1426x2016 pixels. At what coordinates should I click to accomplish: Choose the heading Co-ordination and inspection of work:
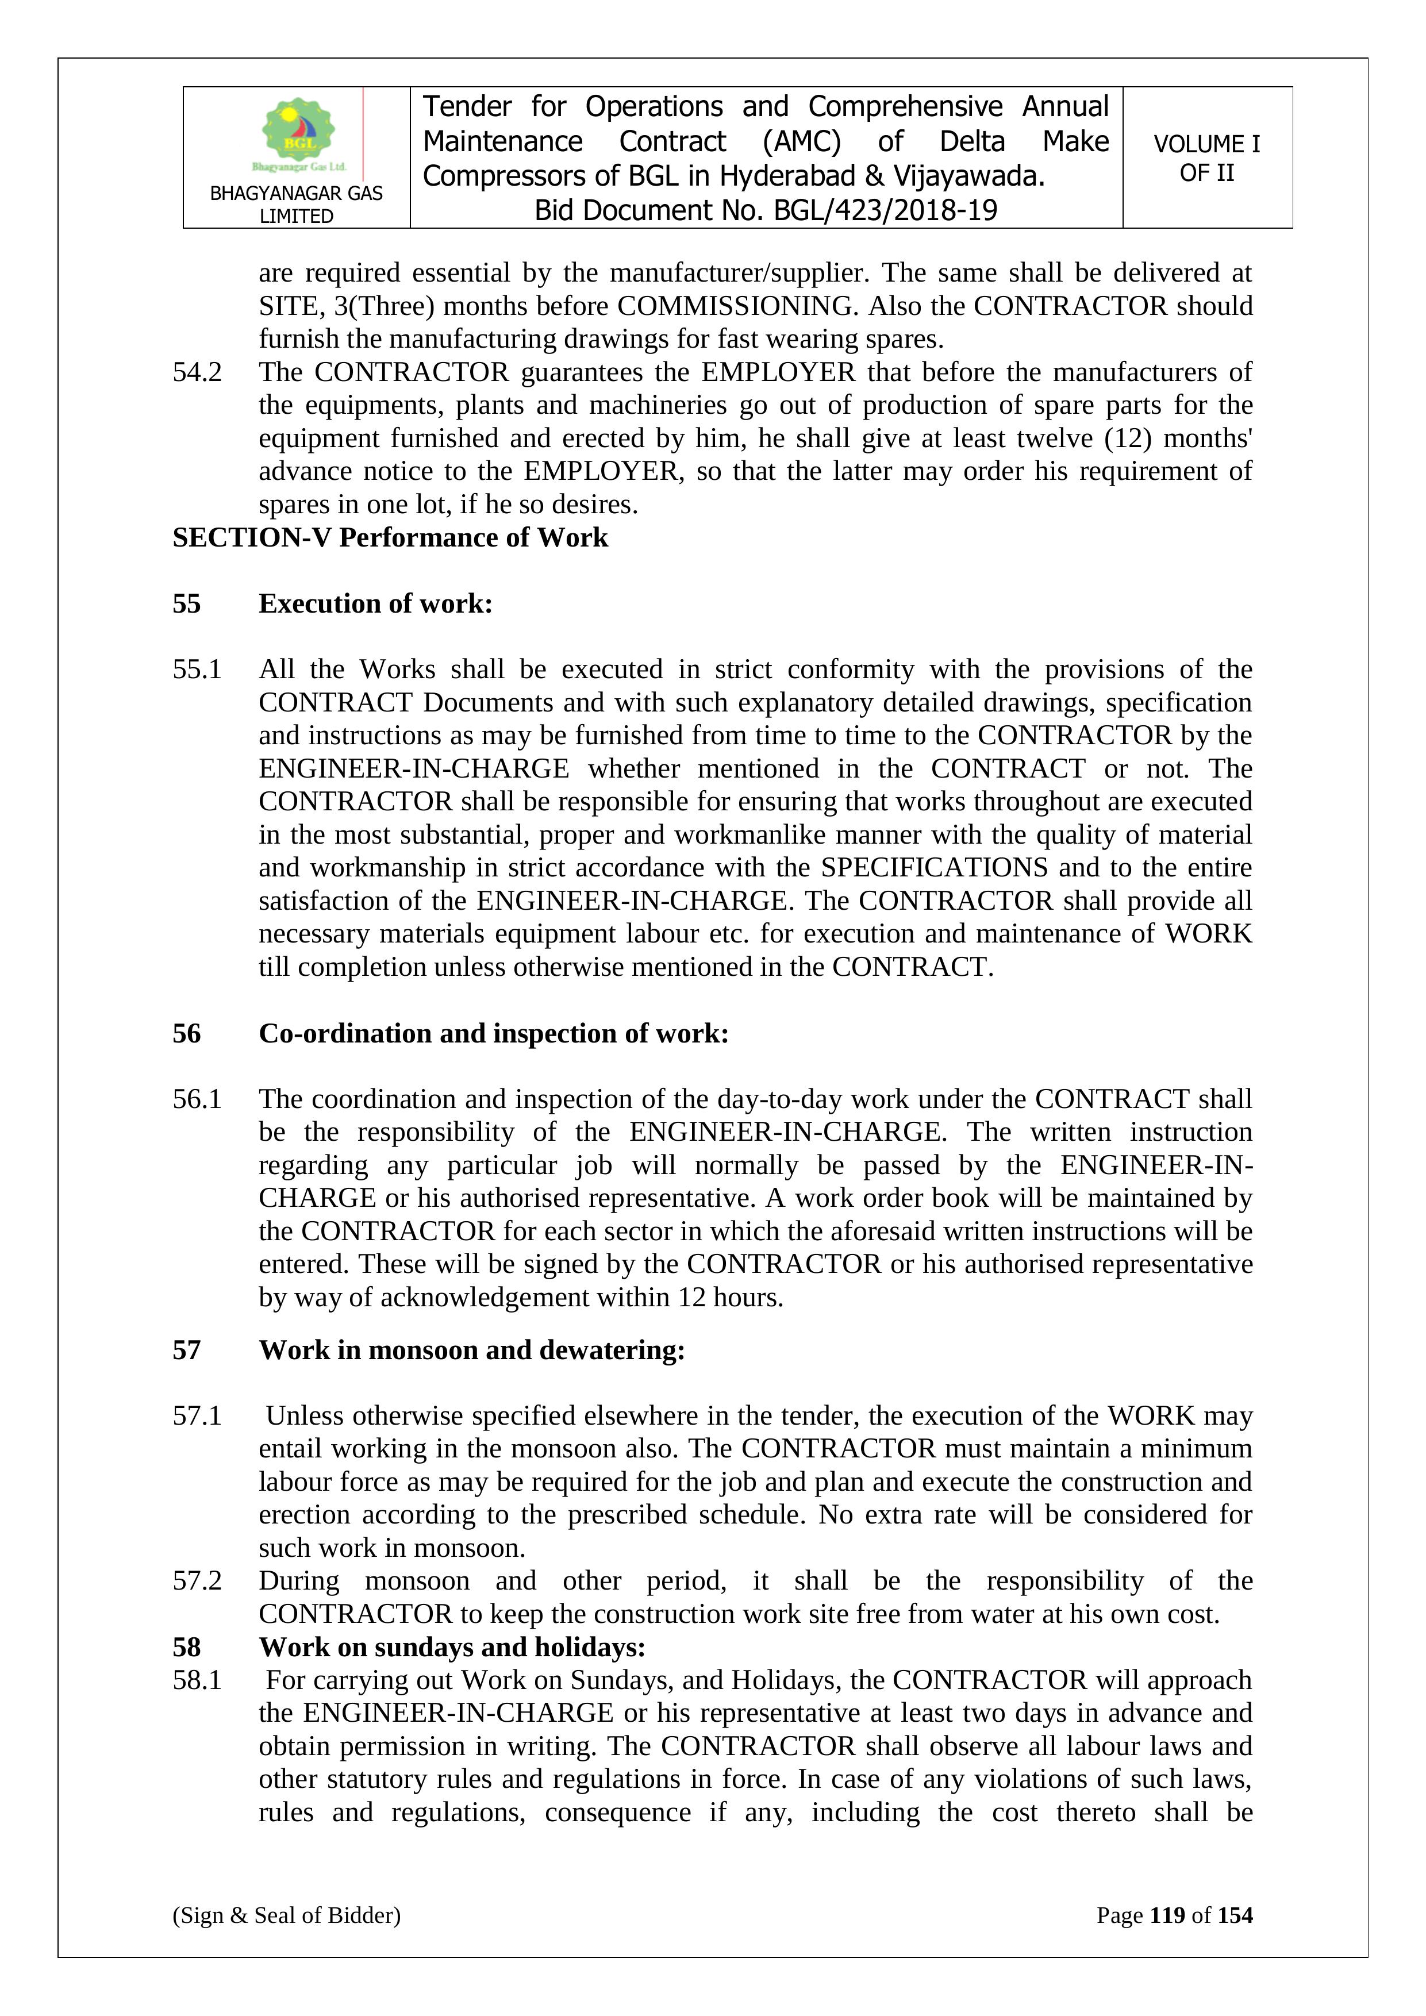tap(494, 1033)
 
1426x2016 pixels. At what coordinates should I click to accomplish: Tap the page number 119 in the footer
tap(1167, 1915)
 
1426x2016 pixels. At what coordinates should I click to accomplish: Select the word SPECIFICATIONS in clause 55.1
tap(934, 868)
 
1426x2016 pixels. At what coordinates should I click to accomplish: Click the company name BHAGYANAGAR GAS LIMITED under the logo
tap(296, 205)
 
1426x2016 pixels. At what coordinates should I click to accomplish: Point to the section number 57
tap(186, 1349)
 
